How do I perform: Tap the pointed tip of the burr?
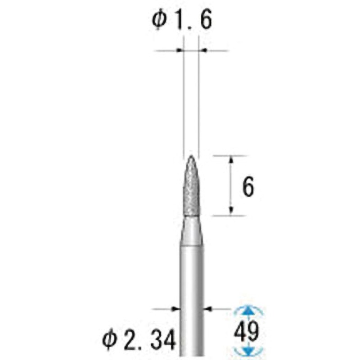191,157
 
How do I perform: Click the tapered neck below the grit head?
191,229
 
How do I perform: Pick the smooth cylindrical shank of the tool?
191,292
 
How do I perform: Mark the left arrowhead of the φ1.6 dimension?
180,51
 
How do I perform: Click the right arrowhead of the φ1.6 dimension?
202,51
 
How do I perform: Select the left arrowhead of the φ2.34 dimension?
174,309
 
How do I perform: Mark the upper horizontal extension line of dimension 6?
229,156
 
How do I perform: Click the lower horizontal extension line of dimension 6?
229,216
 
